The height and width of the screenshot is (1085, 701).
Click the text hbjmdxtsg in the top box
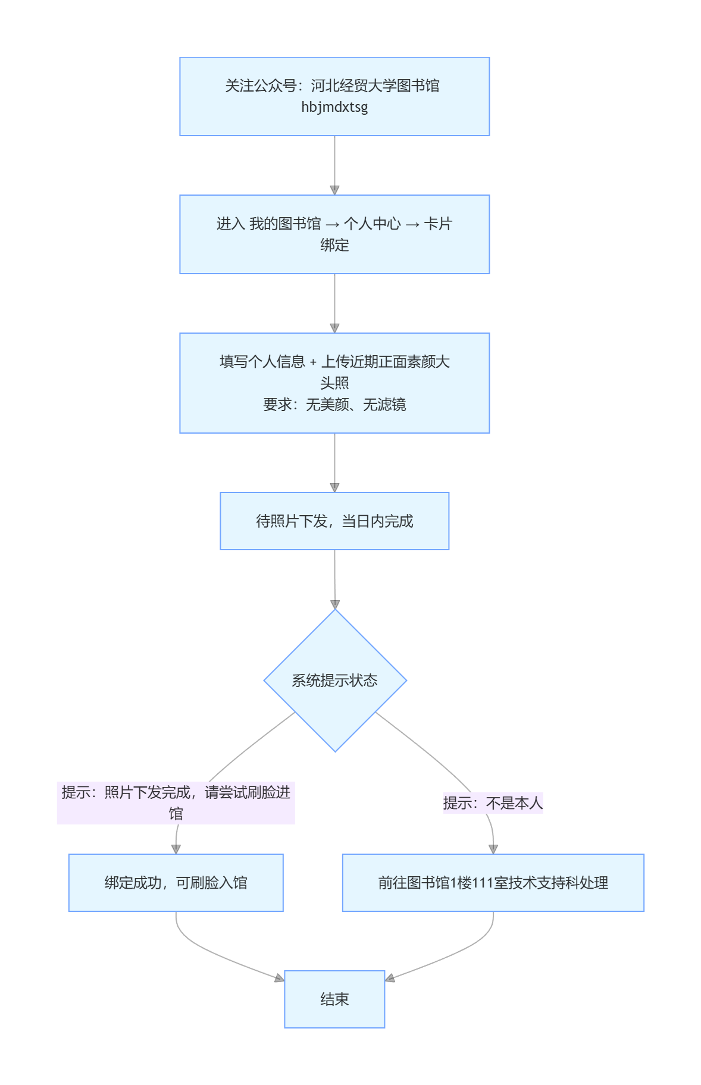tap(334, 107)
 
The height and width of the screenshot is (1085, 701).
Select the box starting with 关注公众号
tap(334, 96)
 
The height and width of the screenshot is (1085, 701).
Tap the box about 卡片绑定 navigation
tap(334, 234)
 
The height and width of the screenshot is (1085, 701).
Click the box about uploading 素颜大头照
tap(334, 383)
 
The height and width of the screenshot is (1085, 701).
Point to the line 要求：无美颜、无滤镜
tap(334, 404)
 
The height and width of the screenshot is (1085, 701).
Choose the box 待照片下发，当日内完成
tap(334, 521)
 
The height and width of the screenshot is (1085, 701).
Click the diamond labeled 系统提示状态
tap(335, 681)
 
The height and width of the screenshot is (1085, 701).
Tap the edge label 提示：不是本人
tap(493, 803)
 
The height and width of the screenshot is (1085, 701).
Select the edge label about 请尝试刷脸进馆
tap(176, 803)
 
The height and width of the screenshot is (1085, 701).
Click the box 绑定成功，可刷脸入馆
tap(176, 883)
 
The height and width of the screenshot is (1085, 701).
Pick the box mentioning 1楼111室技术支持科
tap(493, 883)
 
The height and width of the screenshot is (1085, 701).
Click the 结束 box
tap(334, 999)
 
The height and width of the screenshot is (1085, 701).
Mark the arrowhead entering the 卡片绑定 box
tap(334, 190)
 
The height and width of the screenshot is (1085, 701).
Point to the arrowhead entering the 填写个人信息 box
tap(334, 328)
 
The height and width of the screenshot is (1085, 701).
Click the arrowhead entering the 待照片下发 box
tap(334, 488)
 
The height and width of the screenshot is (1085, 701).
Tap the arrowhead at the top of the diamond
tap(335, 604)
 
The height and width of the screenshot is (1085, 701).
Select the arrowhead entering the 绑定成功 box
tap(176, 849)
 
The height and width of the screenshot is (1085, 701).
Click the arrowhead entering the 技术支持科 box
tap(493, 849)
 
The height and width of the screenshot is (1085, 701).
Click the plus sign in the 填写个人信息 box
tap(313, 362)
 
